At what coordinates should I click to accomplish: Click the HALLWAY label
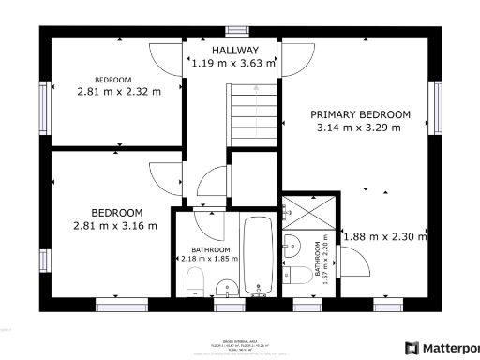pos(233,50)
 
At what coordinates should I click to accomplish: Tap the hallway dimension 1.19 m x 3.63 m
pos(233,64)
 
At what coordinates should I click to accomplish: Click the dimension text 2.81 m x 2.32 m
pos(118,92)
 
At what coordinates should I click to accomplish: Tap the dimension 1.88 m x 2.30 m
pos(384,237)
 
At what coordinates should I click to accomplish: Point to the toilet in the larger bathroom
pos(196,282)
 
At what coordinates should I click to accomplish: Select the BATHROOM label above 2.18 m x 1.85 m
pos(204,250)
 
